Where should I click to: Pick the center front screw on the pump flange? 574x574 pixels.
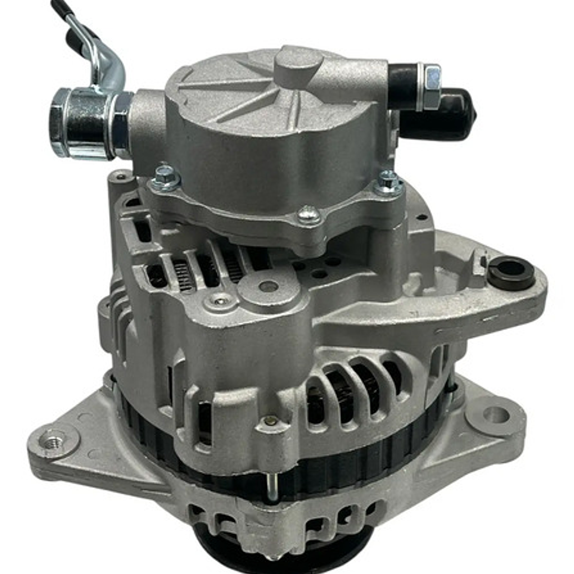tap(309, 215)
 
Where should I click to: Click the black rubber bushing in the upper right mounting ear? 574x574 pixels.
tap(511, 272)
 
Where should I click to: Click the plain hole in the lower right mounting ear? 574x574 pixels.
tap(496, 414)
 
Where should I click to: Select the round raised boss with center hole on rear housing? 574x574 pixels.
tap(268, 287)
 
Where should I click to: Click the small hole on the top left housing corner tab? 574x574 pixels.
tap(121, 176)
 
